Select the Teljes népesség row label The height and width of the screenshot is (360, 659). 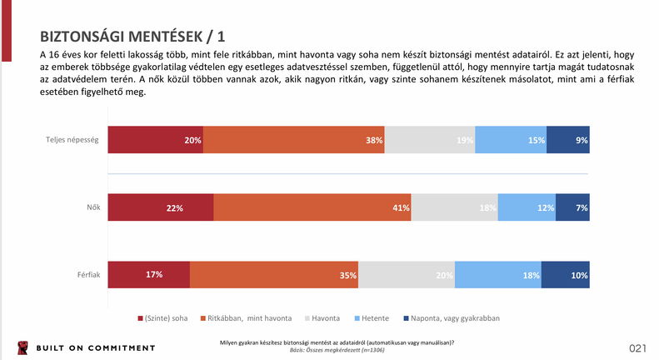(73, 140)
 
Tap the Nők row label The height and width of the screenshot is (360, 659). (93, 207)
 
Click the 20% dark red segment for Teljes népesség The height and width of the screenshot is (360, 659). (155, 140)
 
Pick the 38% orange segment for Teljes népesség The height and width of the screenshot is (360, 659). (293, 140)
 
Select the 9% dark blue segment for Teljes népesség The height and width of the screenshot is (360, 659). (568, 140)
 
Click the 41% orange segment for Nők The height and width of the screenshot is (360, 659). (312, 207)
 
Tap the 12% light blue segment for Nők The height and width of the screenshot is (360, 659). (527, 207)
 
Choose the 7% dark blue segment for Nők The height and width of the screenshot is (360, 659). (572, 207)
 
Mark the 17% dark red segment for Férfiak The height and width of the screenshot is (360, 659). (148, 274)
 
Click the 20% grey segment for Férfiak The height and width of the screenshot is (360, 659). (407, 274)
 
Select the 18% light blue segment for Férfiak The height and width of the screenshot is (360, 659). (497, 274)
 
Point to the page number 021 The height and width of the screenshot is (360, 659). (638, 347)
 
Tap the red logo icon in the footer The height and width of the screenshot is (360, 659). (21, 347)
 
